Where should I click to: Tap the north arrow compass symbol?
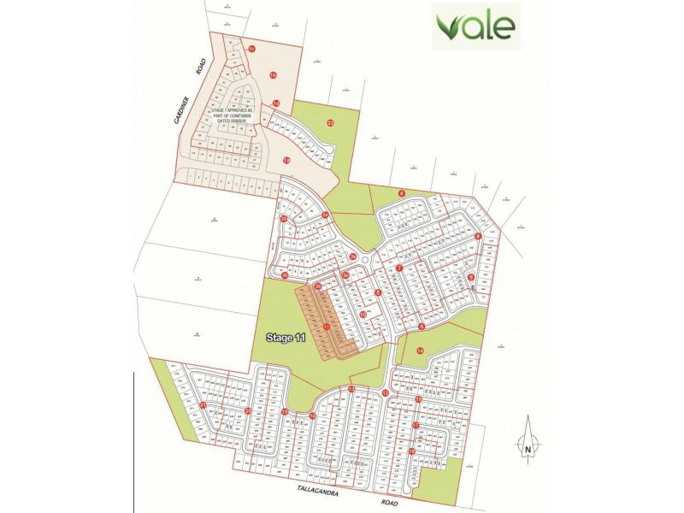[x=528, y=436]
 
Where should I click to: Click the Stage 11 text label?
[x=286, y=339]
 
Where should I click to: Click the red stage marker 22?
[x=330, y=122]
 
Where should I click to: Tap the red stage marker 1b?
[x=274, y=76]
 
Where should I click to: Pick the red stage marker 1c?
[x=251, y=50]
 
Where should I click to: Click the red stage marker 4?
[x=401, y=193]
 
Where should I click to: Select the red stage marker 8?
[x=479, y=237]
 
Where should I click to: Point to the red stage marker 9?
[x=471, y=276]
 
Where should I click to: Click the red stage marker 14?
[x=420, y=351]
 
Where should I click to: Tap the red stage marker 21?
[x=203, y=405]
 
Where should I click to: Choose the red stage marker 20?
[x=248, y=411]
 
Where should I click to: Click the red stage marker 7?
[x=398, y=268]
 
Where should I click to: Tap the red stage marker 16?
[x=313, y=416]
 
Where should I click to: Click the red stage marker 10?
[x=363, y=315]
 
